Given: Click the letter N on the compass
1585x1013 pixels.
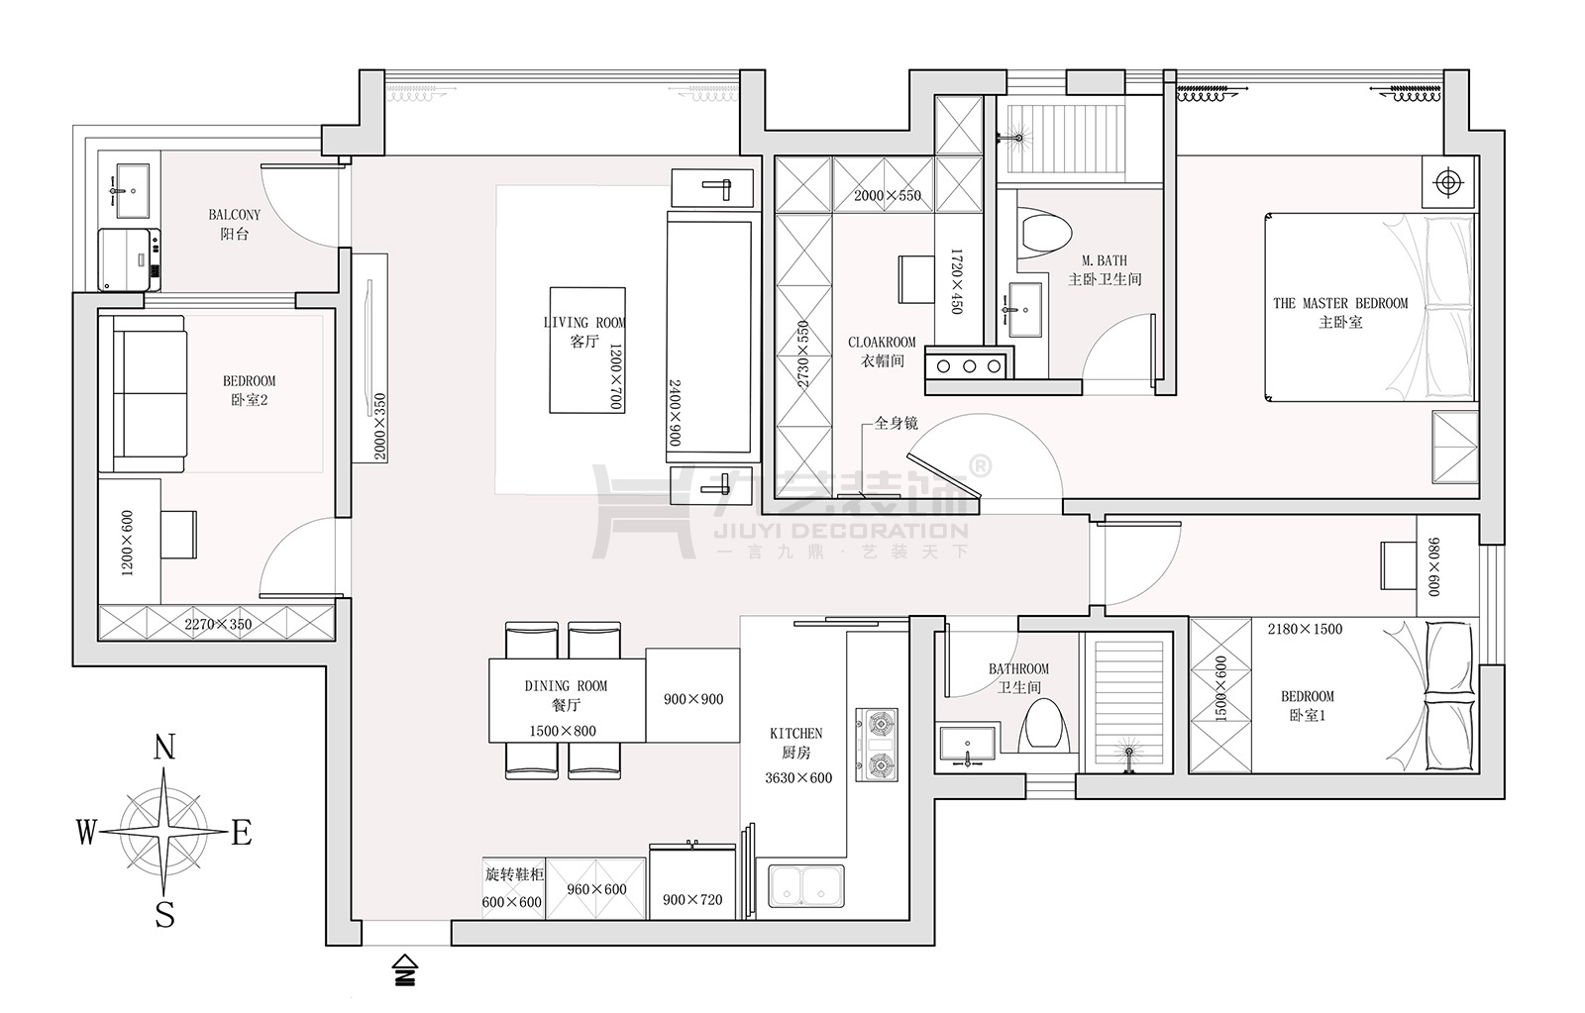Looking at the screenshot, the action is coord(164,748).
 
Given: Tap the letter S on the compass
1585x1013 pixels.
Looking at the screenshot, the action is coord(164,915).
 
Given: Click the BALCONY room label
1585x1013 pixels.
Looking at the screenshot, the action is coord(234,214).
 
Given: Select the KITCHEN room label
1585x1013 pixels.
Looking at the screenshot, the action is coord(796,734).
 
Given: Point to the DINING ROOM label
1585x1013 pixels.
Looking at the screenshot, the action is coord(566,685).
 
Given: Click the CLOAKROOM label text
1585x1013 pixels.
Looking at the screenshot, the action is coord(882,342).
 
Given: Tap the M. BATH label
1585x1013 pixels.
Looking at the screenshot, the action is coord(1105,260).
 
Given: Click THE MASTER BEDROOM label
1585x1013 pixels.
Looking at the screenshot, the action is coord(1340,303).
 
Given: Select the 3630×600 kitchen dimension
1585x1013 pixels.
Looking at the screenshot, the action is coord(798,778).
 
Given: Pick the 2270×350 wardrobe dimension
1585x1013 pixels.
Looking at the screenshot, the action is coord(218,624).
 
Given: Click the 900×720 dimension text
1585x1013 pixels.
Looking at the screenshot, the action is coord(692,900).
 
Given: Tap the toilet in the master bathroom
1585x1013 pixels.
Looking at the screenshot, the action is coord(1044,231).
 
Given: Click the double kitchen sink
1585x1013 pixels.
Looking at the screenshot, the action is coord(806,886).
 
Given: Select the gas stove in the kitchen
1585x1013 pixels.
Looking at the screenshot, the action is coord(877,745).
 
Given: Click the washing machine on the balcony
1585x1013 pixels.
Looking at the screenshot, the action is coord(129,259).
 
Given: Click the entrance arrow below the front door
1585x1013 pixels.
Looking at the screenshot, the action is coord(405,969).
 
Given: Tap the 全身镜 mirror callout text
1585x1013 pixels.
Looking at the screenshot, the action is coord(897,423).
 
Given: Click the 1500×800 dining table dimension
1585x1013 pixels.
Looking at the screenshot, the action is coord(563,731).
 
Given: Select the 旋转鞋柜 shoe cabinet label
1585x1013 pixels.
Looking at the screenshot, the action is coord(514,874).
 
